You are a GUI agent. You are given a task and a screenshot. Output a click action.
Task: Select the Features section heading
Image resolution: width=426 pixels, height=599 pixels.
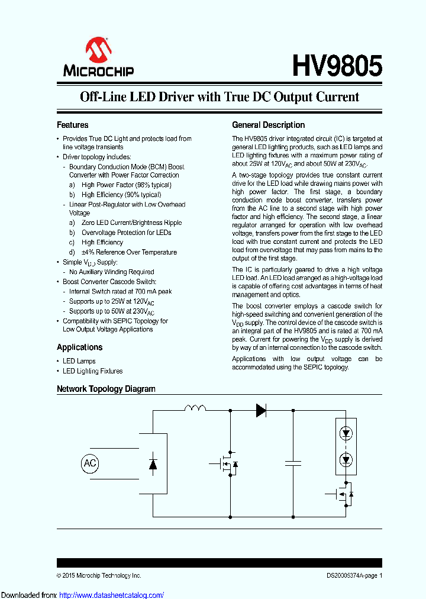pos(72,125)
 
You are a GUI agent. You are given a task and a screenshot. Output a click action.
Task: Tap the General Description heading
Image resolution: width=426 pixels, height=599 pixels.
pos(268,125)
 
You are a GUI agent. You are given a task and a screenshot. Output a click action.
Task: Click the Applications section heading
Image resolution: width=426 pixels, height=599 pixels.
pos(79,347)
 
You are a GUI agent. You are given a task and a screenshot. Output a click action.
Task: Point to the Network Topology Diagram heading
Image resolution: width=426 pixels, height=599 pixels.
pos(106,389)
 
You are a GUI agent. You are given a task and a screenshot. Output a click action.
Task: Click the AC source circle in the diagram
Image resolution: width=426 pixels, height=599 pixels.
pos(89,463)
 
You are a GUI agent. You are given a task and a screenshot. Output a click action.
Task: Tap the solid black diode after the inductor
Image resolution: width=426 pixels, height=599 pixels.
pos(260,409)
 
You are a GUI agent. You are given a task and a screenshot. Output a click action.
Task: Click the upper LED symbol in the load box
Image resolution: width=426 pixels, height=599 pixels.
pos(346,433)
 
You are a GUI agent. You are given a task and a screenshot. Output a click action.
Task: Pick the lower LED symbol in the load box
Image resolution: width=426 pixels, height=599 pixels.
pos(346,459)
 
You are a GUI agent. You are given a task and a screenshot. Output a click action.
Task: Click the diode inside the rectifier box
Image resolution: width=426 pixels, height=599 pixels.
pos(153,463)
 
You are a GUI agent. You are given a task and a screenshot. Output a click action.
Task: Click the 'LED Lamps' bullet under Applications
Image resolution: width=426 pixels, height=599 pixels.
pos(79,361)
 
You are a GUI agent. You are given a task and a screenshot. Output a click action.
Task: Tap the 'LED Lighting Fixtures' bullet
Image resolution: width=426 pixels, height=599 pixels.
pos(92,371)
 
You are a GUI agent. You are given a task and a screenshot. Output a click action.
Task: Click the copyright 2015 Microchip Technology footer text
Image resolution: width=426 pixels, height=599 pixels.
pos(99,575)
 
